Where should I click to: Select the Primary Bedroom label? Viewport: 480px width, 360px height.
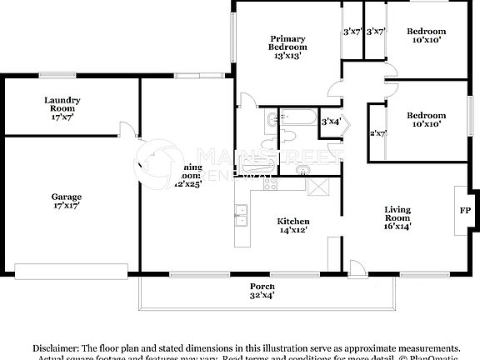pyautogui.click(x=287, y=43)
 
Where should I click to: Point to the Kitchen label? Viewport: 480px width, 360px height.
pyautogui.click(x=293, y=221)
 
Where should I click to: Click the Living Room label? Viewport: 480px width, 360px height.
pyautogui.click(x=398, y=212)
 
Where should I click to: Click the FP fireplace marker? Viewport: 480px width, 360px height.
pyautogui.click(x=464, y=210)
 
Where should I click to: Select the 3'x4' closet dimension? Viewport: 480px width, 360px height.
pyautogui.click(x=331, y=122)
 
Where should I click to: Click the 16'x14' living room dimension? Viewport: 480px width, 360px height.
pyautogui.click(x=398, y=225)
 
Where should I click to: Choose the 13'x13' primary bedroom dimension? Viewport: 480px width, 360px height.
pyautogui.click(x=287, y=56)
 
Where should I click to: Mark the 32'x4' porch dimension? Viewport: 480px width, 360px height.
pyautogui.click(x=262, y=294)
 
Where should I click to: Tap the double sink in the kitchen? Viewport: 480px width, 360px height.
pyautogui.click(x=241, y=216)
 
